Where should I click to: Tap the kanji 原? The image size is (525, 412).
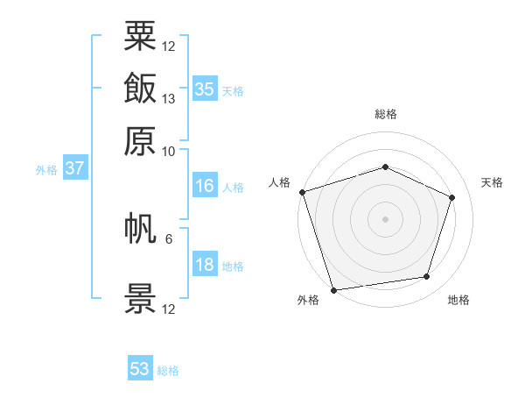140,140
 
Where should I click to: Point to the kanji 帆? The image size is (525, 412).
140,227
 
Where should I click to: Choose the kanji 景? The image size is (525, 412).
140,298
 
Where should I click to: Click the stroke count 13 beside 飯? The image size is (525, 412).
169,98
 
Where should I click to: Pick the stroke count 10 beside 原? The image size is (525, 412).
169,151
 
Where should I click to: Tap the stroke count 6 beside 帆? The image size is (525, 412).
170,238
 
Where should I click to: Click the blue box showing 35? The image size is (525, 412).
205,89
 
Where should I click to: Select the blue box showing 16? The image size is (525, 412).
205,186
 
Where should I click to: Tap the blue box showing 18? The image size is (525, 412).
205,265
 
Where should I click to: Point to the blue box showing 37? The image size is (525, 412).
74,168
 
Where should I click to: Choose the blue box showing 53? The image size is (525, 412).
140,369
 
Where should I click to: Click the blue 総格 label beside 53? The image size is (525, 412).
168,371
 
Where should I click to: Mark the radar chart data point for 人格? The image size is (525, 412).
302,192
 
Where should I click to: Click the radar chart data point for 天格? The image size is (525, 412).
452,197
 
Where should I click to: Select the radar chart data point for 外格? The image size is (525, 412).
334,289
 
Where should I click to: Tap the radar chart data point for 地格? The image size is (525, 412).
427,277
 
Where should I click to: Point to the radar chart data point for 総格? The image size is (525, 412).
385,167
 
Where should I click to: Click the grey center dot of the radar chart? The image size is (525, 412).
385,219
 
